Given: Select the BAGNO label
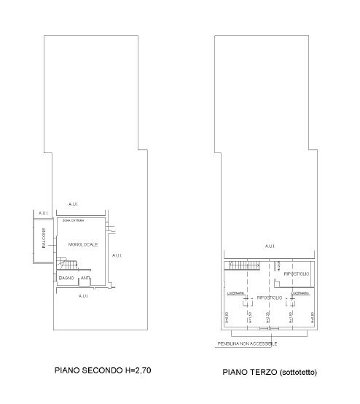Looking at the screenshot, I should point(66,278).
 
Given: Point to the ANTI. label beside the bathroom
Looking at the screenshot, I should point(85,278).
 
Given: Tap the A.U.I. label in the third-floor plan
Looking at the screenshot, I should point(270,246).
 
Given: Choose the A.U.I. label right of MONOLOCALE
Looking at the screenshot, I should point(116,256).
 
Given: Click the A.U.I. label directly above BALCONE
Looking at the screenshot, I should point(43,213).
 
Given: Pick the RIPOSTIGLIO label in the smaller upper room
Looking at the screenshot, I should point(297,272).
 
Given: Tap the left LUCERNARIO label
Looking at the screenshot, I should point(235,293).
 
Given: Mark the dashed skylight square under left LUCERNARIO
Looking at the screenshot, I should point(249,298).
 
